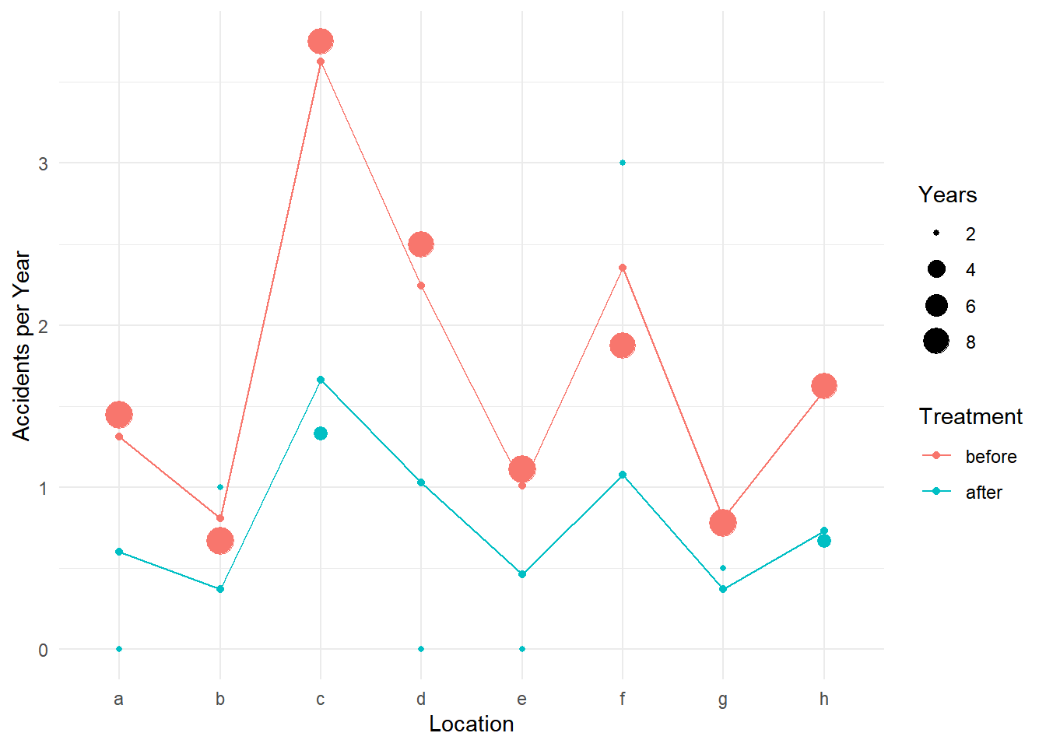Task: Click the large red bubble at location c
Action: point(321,41)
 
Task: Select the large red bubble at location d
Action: point(421,244)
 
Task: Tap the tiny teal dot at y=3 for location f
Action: point(623,163)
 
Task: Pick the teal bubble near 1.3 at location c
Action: point(321,433)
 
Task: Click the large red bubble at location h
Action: point(824,386)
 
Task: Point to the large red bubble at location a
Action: point(119,415)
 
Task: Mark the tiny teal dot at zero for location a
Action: point(119,649)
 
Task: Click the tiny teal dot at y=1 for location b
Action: point(220,487)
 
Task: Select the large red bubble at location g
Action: point(723,523)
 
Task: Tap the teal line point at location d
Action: point(421,482)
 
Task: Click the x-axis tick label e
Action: point(521,699)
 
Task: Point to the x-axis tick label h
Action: point(824,699)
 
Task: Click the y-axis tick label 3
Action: point(44,163)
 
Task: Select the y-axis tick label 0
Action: point(44,650)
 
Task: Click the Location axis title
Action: point(471,724)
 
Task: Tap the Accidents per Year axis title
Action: point(22,345)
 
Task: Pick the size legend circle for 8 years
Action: point(936,341)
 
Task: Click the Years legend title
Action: point(947,195)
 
